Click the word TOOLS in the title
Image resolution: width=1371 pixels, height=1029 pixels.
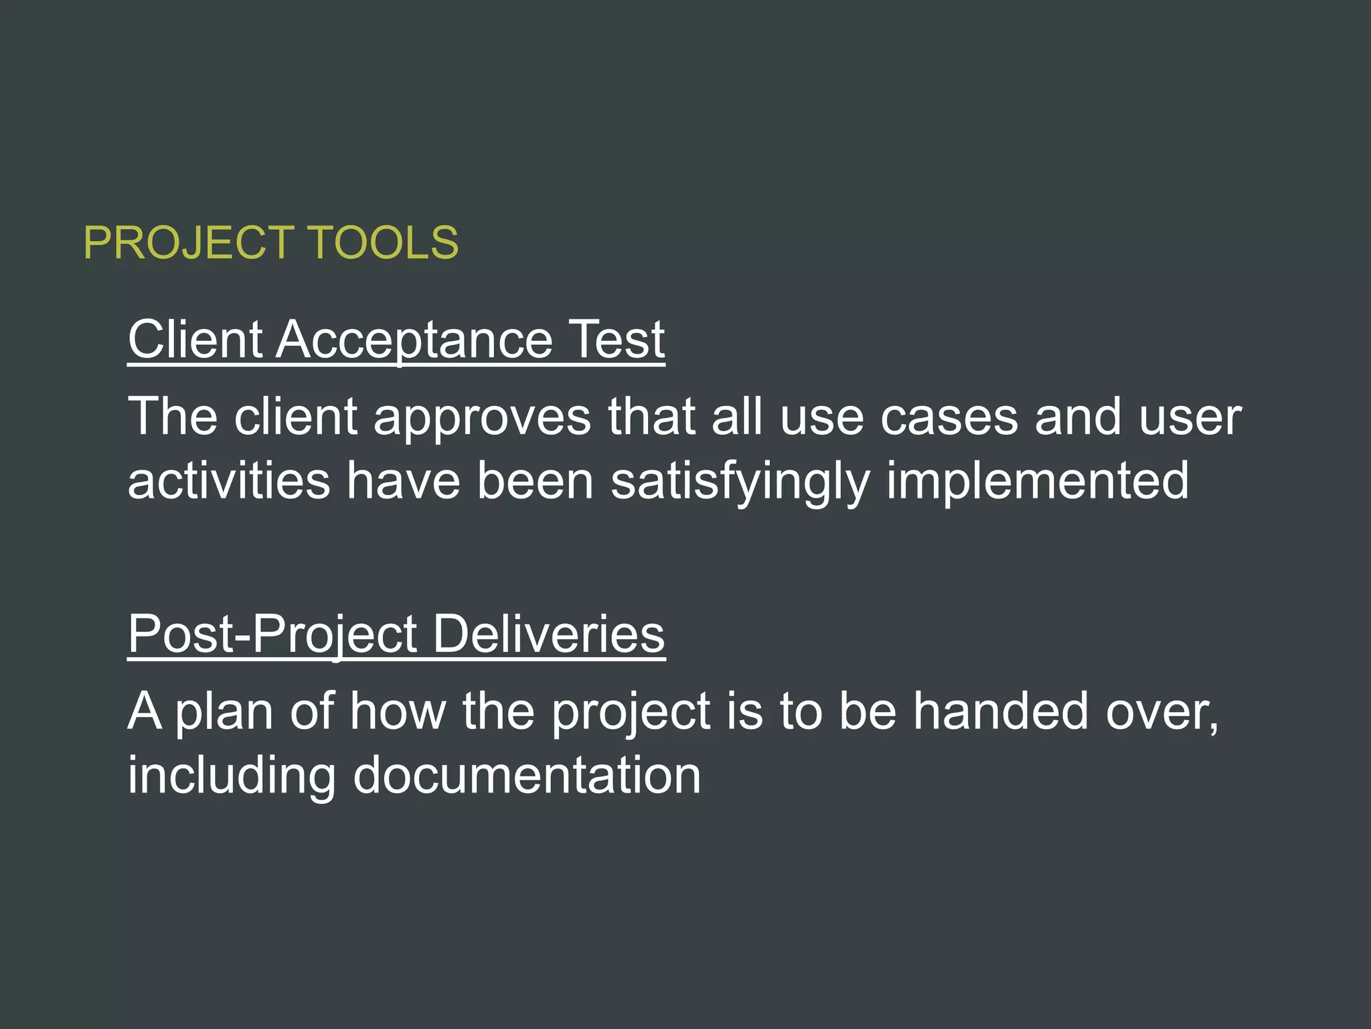(383, 243)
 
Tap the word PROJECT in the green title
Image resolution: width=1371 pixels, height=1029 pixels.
(189, 243)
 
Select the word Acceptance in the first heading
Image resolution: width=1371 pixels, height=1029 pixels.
(414, 340)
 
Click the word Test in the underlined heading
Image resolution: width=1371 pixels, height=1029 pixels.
(616, 340)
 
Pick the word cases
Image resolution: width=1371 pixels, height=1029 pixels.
(949, 417)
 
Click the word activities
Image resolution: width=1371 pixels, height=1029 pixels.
(229, 481)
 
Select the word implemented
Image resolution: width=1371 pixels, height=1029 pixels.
(1038, 481)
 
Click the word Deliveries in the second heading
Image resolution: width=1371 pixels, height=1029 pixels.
(549, 634)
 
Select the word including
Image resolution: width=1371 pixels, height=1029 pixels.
(232, 776)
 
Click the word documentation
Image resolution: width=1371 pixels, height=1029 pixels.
(527, 776)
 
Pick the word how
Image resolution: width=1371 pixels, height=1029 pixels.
(398, 711)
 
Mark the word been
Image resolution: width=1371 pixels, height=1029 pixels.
(535, 481)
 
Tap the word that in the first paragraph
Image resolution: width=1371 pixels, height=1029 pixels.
(651, 416)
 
